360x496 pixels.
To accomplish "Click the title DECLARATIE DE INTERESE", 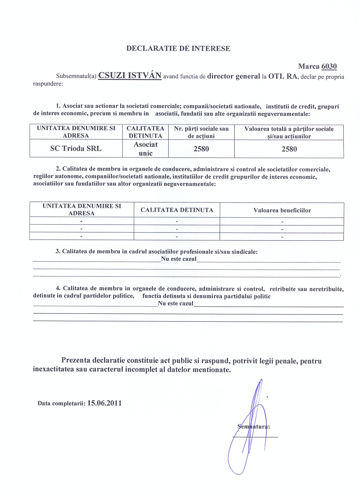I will point(178,48).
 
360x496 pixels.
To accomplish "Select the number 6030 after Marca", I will point(329,66).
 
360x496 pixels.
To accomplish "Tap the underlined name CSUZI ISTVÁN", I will point(130,76).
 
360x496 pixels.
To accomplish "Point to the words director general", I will point(233,76).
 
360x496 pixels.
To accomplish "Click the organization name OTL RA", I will point(283,76).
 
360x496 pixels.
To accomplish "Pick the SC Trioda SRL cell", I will point(76,149).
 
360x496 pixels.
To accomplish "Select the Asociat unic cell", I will point(146,149).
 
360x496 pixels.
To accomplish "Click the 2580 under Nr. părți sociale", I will point(201,149).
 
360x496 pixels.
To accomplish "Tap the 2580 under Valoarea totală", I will point(289,149).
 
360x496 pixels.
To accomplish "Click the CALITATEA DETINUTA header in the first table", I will point(145,132).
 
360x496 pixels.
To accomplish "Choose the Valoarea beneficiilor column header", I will point(282,210).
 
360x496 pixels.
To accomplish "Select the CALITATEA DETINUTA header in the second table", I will point(177,210).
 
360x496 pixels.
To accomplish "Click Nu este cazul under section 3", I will point(179,259).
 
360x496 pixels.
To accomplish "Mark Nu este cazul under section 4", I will point(176,303).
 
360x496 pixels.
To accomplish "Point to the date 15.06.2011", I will point(104,403).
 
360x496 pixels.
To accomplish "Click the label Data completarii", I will point(61,403).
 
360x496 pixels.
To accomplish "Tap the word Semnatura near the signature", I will point(253,426).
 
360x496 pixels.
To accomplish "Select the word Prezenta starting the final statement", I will point(76,360).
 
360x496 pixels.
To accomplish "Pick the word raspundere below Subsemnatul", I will point(48,84).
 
